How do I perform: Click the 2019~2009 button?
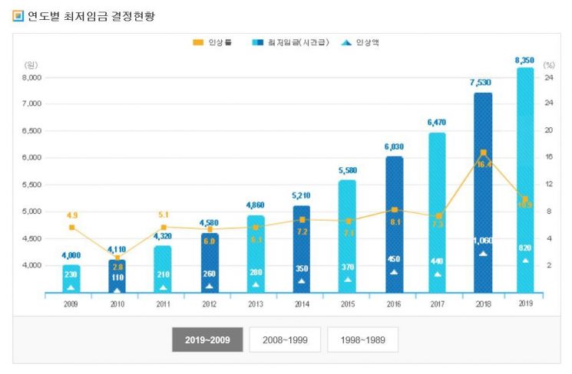(x=207, y=339)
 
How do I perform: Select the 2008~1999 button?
(x=284, y=339)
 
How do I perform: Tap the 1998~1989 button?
(x=362, y=339)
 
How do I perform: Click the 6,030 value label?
(x=393, y=147)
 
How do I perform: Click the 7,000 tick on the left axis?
(x=31, y=104)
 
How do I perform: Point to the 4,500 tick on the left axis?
(x=31, y=238)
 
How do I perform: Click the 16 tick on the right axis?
(x=549, y=158)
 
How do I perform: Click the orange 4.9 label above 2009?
(x=71, y=215)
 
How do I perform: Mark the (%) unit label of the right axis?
(x=548, y=65)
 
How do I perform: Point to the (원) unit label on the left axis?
(x=31, y=65)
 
